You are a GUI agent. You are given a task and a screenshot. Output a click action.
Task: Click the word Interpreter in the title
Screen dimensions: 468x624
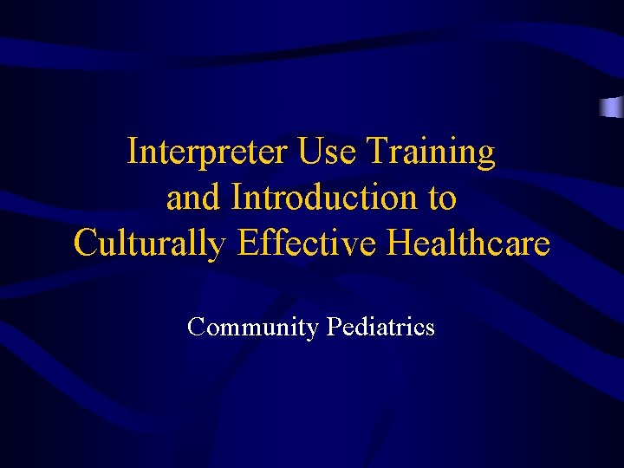[208, 153]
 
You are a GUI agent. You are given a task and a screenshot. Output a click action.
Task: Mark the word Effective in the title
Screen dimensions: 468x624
[308, 244]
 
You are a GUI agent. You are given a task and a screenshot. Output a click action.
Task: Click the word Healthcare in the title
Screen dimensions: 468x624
[469, 244]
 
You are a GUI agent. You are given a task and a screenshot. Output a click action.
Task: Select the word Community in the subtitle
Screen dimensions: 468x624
[253, 328]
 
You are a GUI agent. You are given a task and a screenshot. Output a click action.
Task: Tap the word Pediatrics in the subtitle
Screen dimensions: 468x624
[380, 327]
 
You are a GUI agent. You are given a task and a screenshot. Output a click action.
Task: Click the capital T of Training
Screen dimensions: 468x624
[376, 153]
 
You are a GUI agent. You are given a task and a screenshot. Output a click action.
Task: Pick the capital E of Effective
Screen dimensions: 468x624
[246, 244]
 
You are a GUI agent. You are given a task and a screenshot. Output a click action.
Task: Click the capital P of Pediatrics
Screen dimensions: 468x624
[334, 327]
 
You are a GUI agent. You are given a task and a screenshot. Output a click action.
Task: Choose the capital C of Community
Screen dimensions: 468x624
[197, 327]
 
